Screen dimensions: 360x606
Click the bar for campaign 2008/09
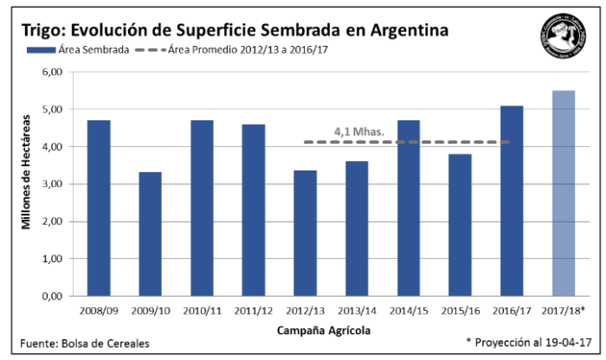coord(99,208)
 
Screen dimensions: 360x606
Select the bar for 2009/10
coord(150,234)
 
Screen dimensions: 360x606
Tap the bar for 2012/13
coord(304,233)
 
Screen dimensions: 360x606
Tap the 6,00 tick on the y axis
coord(54,73)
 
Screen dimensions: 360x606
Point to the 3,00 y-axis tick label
coord(54,184)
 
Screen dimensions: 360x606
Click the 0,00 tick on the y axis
coord(54,296)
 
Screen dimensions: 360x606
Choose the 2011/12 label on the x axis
coord(253,310)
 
